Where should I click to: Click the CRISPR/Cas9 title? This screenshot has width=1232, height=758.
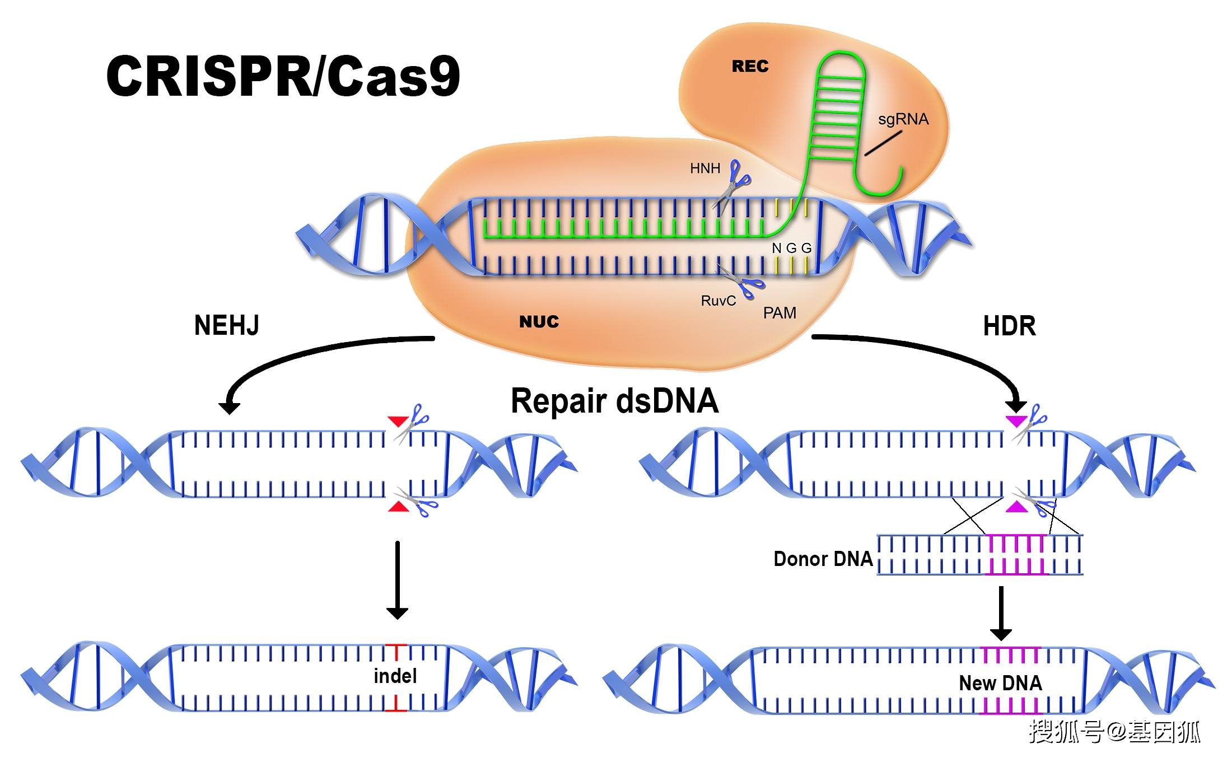283,76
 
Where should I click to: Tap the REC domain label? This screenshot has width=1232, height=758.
750,67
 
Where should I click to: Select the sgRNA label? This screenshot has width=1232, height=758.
903,119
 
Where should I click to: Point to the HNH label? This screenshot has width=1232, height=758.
705,169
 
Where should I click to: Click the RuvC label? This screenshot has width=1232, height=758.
718,301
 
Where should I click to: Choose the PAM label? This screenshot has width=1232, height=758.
780,313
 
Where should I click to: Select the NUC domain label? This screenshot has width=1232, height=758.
539,322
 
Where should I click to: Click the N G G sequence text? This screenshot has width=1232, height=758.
791,248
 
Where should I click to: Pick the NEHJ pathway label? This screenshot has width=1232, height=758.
226,325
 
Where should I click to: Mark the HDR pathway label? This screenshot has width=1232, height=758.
1009,326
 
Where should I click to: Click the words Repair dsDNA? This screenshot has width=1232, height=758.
614,401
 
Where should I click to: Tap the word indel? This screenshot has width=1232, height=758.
395,676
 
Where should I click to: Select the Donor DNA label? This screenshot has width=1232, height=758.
823,559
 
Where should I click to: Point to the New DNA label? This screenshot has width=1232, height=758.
1000,683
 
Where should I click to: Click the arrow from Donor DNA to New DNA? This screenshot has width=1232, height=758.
1001,613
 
